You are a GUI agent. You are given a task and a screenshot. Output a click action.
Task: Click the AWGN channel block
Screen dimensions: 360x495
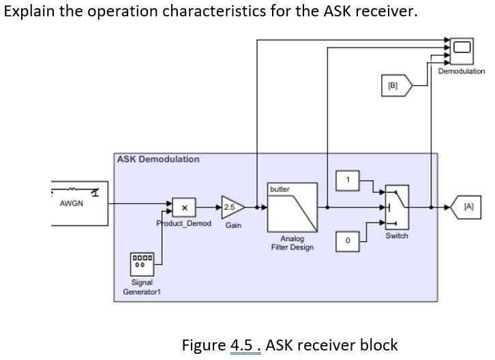pyautogui.click(x=78, y=202)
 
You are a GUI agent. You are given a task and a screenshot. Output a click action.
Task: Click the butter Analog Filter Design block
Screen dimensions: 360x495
pyautogui.click(x=292, y=207)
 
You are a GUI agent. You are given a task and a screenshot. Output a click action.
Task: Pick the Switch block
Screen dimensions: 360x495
pyautogui.click(x=397, y=207)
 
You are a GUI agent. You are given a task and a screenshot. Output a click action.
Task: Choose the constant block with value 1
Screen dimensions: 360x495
pyautogui.click(x=347, y=180)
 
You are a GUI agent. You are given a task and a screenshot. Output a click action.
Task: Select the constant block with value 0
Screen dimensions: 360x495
pyautogui.click(x=347, y=241)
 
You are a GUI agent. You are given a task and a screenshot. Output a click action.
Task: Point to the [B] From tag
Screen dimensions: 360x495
pyautogui.click(x=395, y=86)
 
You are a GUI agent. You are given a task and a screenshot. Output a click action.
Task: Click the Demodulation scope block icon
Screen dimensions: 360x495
pyautogui.click(x=462, y=48)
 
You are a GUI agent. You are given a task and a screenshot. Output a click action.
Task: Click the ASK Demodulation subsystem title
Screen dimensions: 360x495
pyautogui.click(x=158, y=159)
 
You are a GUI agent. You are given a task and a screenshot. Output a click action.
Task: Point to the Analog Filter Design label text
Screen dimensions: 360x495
pyautogui.click(x=292, y=243)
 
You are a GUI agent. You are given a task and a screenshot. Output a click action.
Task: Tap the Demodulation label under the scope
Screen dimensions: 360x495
pyautogui.click(x=462, y=71)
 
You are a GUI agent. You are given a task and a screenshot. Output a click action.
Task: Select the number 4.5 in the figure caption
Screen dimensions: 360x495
pyautogui.click(x=245, y=345)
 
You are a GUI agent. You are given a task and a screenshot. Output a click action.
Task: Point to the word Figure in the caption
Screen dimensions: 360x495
pyautogui.click(x=203, y=345)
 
